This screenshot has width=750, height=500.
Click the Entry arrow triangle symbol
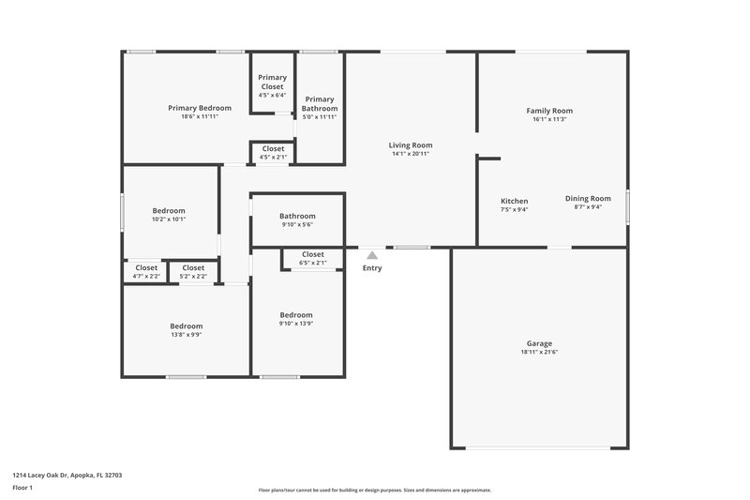[x=372, y=254]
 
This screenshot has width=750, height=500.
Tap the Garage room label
[x=539, y=343]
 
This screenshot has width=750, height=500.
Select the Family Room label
[x=549, y=111]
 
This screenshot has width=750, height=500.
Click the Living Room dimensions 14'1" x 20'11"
[x=411, y=154]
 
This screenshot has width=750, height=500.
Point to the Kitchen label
[x=514, y=201]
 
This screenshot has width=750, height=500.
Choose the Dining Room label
[x=588, y=198]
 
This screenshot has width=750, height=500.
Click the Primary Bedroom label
[x=200, y=108]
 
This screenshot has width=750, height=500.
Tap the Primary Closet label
[x=273, y=82]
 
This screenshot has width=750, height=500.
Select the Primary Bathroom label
[x=320, y=103]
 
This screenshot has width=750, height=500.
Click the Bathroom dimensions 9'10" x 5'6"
[x=297, y=224]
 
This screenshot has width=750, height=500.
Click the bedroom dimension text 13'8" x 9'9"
[x=186, y=334]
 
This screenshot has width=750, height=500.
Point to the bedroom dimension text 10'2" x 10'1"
[x=169, y=220]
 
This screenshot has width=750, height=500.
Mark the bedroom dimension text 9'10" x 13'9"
[x=296, y=324]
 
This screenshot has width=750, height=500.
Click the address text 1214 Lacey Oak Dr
[x=47, y=475]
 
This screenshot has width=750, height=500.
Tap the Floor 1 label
[x=22, y=488]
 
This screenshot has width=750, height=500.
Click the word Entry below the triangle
[x=372, y=268]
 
